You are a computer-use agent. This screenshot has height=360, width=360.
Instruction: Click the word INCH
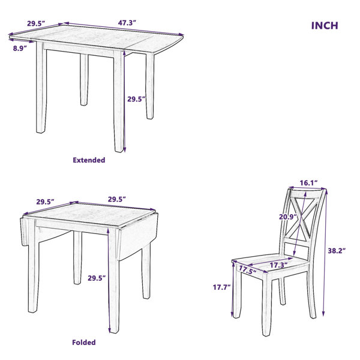(x=325, y=25)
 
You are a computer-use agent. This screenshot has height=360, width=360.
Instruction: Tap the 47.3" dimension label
(x=127, y=23)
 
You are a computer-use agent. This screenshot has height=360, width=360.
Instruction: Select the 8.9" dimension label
(x=20, y=48)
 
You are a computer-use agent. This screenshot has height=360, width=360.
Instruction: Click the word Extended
(x=89, y=160)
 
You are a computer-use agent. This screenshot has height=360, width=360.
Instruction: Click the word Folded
(x=84, y=343)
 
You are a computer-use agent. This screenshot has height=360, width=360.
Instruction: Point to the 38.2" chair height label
(x=337, y=251)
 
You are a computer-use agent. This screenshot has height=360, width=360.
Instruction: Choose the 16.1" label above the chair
(x=308, y=183)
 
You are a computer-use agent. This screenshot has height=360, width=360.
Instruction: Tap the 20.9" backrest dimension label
(x=288, y=217)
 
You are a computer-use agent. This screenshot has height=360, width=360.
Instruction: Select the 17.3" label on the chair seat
(x=278, y=265)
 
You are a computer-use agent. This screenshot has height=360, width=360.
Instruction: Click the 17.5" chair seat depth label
(x=247, y=270)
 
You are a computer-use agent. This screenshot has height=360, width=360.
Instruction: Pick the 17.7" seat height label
(x=221, y=287)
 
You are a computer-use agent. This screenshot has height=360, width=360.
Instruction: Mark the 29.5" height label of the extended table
(x=136, y=99)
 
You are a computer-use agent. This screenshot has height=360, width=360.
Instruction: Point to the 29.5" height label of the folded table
(x=97, y=278)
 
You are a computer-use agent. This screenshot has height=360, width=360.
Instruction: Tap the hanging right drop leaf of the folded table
(x=138, y=236)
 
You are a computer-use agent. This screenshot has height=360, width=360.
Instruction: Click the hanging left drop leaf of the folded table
(x=25, y=232)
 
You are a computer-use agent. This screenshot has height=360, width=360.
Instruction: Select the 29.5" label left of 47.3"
(x=36, y=23)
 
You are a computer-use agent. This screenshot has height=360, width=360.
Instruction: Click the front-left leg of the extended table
(x=41, y=87)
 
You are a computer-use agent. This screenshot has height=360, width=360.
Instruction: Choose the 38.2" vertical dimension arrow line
(x=325, y=253)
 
